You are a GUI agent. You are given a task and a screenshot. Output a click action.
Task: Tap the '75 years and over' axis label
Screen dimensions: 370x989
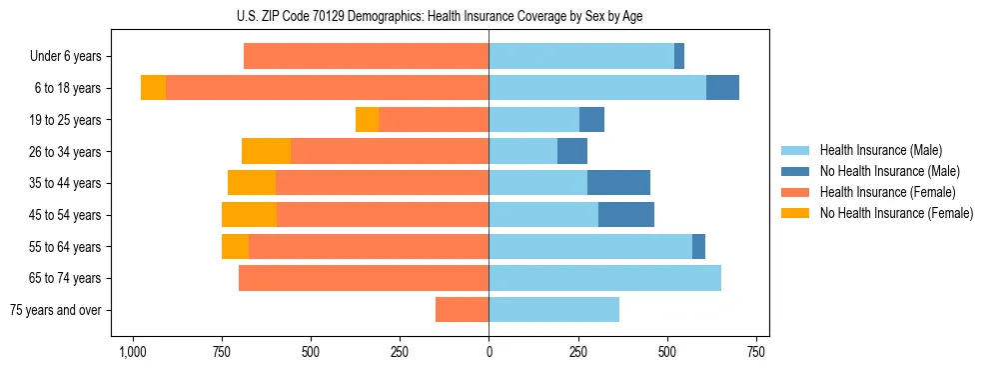[x=56, y=310]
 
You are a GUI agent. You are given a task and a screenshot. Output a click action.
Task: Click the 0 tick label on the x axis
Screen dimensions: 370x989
[x=489, y=353]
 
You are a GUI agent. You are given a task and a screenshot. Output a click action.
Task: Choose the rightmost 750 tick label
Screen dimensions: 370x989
[x=756, y=353]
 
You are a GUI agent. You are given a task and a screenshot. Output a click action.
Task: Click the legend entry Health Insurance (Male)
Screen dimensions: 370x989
[x=881, y=150]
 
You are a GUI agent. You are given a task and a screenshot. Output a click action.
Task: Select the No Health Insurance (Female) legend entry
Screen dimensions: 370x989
[x=896, y=213]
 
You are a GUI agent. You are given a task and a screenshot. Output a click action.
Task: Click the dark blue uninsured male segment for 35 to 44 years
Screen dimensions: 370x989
[x=618, y=183]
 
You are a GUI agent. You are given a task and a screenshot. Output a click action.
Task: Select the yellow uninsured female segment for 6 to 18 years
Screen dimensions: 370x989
[x=153, y=88]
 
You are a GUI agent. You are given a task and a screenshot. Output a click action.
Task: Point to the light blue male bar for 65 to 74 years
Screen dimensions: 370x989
[x=604, y=278]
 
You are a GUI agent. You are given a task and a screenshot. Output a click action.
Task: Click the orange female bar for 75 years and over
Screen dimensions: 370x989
[x=462, y=310]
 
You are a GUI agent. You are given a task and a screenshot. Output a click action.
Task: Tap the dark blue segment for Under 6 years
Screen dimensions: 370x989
[x=679, y=56]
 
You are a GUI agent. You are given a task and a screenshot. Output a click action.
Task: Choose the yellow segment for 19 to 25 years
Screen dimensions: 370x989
[x=367, y=120]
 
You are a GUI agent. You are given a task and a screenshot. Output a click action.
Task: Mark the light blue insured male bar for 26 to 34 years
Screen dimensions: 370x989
[x=522, y=151]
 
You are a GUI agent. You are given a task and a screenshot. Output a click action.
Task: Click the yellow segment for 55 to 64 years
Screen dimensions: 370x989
[x=235, y=246]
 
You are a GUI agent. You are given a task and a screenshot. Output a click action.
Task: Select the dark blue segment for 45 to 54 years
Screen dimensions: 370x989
[x=626, y=215]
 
